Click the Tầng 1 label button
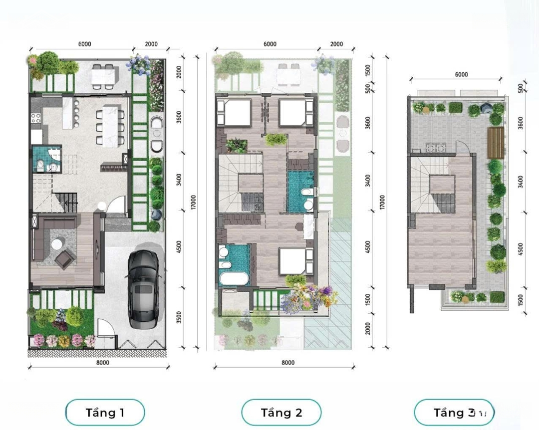(x=105, y=412)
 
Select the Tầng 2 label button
(x=281, y=412)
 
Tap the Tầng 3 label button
(x=454, y=412)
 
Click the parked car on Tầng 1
(x=144, y=289)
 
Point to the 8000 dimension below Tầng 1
(x=102, y=362)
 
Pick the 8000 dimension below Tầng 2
(x=288, y=362)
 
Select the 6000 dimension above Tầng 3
(x=461, y=75)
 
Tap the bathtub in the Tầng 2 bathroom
(x=234, y=279)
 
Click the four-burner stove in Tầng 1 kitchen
(x=36, y=119)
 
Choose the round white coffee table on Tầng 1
(x=57, y=244)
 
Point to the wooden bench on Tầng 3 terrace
(x=496, y=143)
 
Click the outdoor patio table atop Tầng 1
(x=102, y=77)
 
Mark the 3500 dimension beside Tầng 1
(x=179, y=317)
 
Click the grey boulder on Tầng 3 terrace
(x=486, y=108)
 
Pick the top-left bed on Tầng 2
(x=234, y=112)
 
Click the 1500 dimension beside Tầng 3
(x=520, y=300)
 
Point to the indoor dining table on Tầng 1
(x=110, y=126)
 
